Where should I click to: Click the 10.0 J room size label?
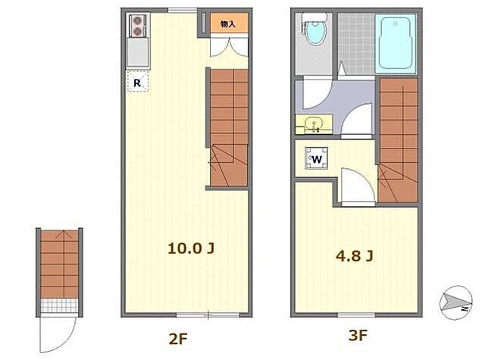click(191, 248)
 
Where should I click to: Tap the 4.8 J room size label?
click(355, 255)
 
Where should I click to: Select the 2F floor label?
click(178, 340)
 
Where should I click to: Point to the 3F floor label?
click(358, 335)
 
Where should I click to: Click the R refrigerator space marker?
click(137, 82)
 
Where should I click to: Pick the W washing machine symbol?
click(317, 158)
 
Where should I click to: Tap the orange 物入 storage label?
click(229, 23)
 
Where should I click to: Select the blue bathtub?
click(396, 43)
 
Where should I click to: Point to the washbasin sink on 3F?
click(314, 124)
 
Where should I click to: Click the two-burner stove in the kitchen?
click(138, 26)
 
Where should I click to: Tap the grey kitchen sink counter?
click(138, 52)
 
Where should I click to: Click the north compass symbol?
click(456, 302)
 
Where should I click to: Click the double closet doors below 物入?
click(229, 47)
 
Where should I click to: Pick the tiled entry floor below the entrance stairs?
click(59, 306)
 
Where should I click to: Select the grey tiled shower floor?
click(356, 44)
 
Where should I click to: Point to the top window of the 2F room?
click(182, 11)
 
